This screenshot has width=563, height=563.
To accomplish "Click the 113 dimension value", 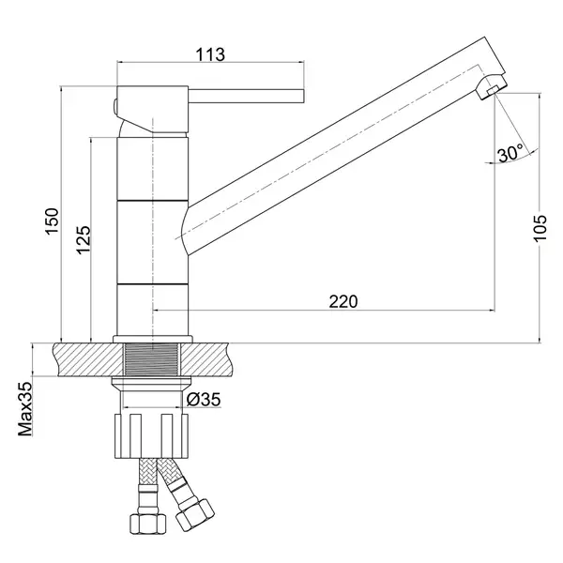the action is (x=210, y=54).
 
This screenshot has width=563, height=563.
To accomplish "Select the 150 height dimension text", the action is (x=52, y=221).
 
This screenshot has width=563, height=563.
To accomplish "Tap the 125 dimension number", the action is (x=84, y=240).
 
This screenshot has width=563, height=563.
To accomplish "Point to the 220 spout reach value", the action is (x=343, y=301).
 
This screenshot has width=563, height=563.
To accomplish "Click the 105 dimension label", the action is (x=540, y=228).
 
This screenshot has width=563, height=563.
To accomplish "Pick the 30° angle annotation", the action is (x=510, y=153).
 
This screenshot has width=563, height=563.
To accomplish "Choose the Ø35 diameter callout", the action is (x=204, y=400).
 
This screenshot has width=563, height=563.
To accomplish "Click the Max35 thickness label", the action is (x=25, y=409).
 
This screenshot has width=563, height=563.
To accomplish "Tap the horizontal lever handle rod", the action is (x=246, y=96).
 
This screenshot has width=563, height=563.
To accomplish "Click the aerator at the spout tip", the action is (x=492, y=90).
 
